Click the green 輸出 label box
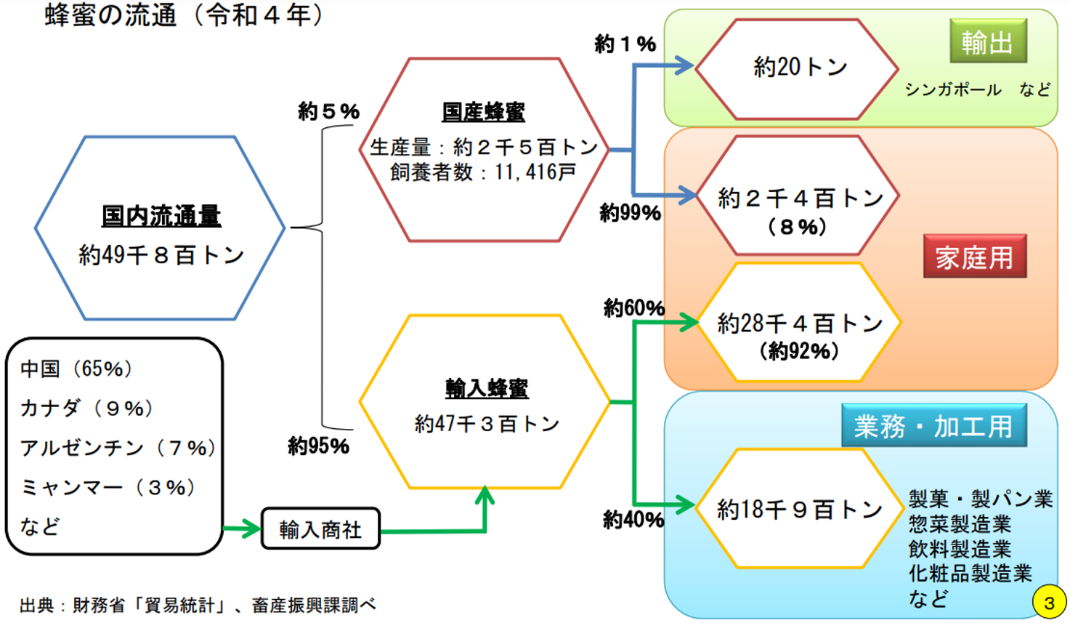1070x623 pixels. pos(987,42)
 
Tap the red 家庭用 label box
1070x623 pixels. pos(974,257)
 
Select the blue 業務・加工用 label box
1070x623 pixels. pos(933,426)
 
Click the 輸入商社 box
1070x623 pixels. pos(320,529)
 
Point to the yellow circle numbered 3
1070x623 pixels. pos(1048,602)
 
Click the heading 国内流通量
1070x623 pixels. pos(161,216)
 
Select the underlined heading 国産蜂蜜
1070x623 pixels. pos(483,112)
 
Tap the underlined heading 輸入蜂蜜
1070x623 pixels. pos(486,388)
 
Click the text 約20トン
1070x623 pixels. pos(800,68)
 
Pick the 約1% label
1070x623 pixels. pos(625,44)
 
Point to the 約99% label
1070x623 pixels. pos(630,213)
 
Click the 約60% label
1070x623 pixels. pos(633,308)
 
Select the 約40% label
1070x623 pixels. pos(633,520)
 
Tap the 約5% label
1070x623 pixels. pos(328,111)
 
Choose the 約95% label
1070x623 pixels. pos(318,446)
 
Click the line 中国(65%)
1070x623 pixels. pos(76,369)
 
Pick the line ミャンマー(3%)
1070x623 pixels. pos(109,487)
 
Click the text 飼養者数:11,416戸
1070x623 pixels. pos(483,172)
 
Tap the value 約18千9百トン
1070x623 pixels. pos(799,510)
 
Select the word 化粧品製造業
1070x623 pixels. pos(970,574)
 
